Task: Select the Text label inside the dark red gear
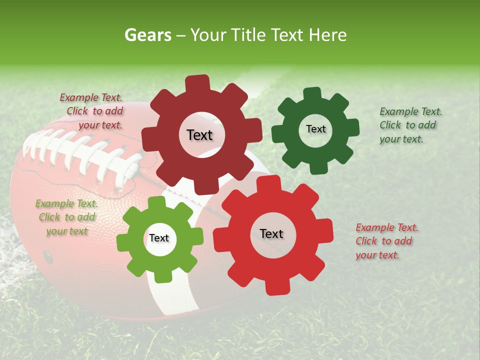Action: (x=199, y=135)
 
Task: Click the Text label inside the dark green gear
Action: (x=315, y=129)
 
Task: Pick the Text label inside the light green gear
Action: (x=159, y=238)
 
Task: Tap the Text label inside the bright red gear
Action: (x=271, y=233)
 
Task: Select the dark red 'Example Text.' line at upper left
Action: (x=91, y=97)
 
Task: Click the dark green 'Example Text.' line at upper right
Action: (x=410, y=111)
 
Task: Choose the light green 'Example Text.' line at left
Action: (x=66, y=203)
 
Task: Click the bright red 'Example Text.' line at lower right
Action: (x=387, y=227)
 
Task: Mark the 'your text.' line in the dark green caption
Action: (x=401, y=139)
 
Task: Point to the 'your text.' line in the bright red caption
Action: (x=377, y=255)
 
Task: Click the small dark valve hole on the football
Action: (x=48, y=256)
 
